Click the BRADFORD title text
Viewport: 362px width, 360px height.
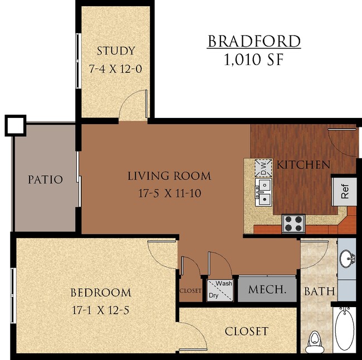(x=254, y=42)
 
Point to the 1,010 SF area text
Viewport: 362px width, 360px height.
(x=254, y=60)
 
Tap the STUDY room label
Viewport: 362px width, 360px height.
(x=116, y=51)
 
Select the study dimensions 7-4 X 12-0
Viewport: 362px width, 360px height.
(x=116, y=69)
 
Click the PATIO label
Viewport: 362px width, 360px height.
(x=46, y=180)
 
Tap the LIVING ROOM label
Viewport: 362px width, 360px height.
(x=169, y=176)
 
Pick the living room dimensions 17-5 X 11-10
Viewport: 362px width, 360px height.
(x=169, y=195)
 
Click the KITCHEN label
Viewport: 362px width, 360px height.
(x=304, y=165)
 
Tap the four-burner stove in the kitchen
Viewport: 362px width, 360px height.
(x=293, y=223)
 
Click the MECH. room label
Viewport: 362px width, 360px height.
(x=267, y=290)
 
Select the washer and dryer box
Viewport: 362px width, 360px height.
(x=221, y=290)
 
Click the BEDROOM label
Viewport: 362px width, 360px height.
(x=101, y=293)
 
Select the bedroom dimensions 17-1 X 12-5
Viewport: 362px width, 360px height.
(x=101, y=310)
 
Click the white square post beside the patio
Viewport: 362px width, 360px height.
(x=15, y=125)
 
